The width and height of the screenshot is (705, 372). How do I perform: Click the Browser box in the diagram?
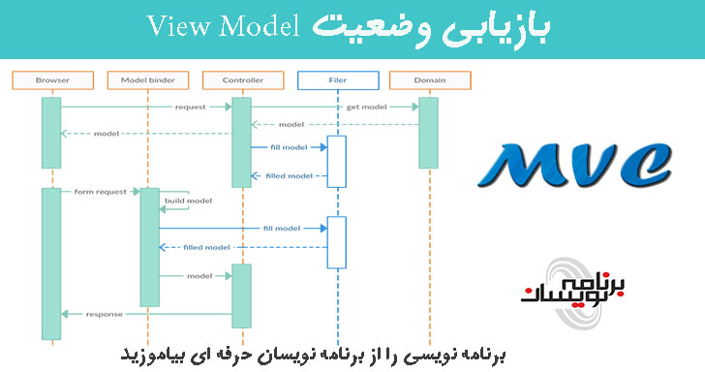click(x=51, y=78)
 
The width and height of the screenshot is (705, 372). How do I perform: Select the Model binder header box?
click(x=148, y=78)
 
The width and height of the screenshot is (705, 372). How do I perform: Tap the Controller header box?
click(x=241, y=78)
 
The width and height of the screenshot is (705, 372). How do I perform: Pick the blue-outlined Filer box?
click(x=335, y=78)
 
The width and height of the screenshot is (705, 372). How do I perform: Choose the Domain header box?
click(x=428, y=78)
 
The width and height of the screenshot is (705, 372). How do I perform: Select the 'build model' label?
click(x=188, y=201)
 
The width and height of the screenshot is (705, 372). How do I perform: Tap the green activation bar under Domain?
click(x=428, y=131)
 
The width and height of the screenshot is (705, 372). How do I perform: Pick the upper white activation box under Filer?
click(x=336, y=160)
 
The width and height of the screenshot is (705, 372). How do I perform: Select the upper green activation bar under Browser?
click(x=51, y=132)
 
